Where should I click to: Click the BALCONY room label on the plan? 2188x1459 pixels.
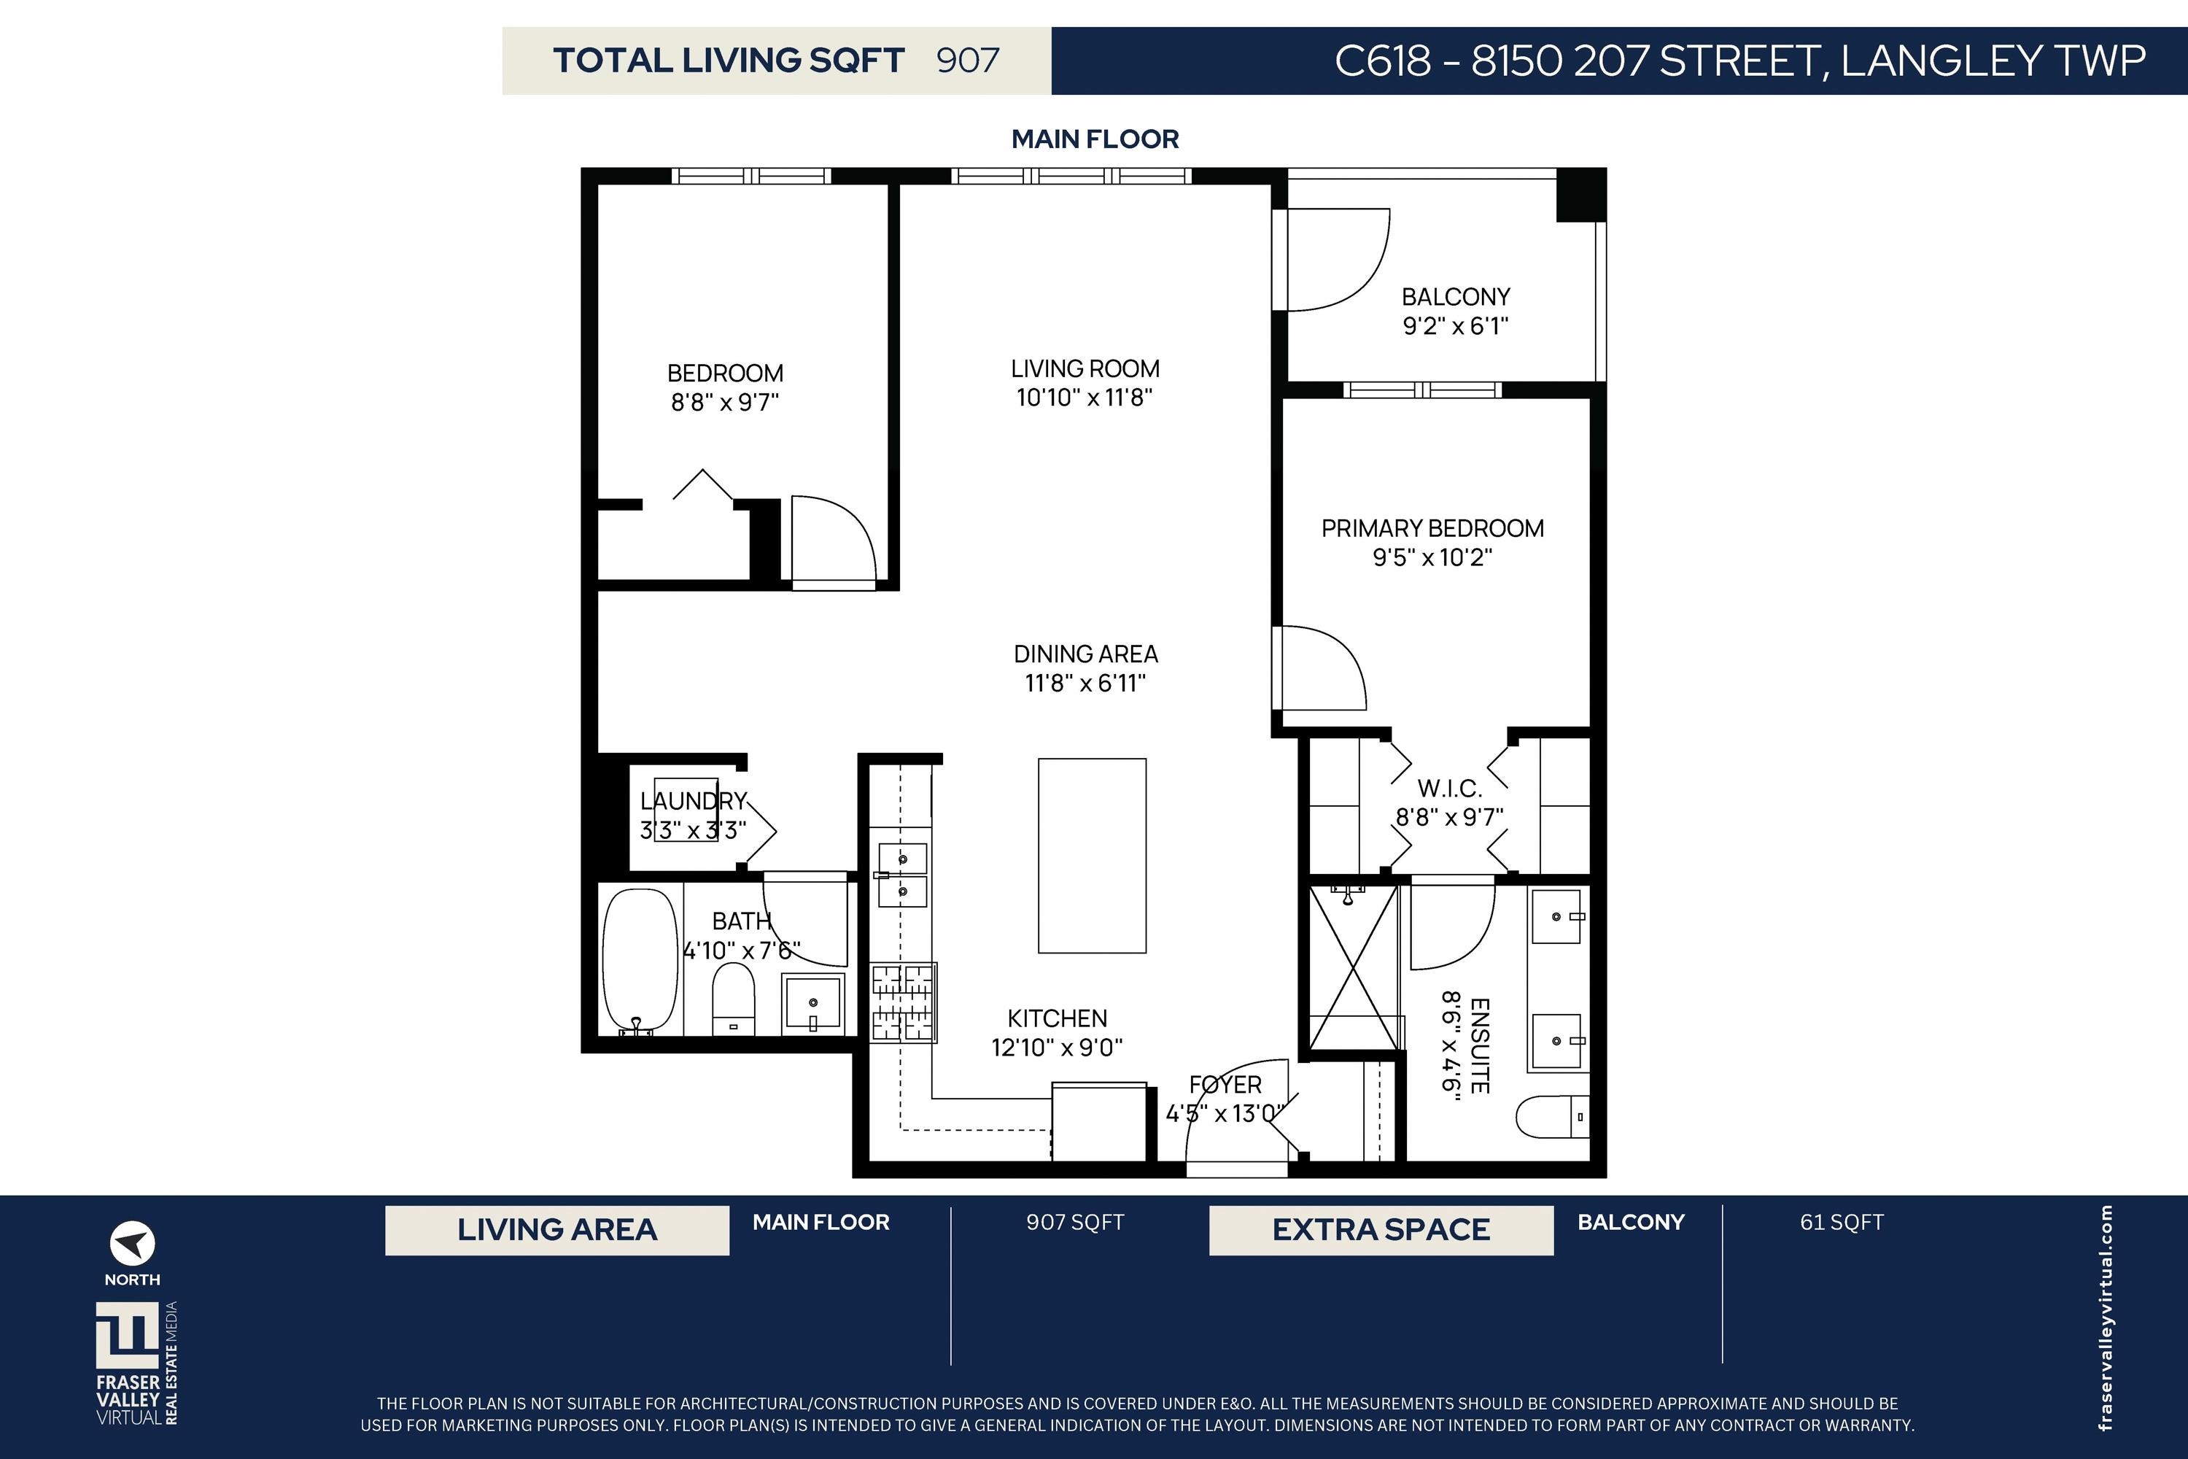click(1456, 297)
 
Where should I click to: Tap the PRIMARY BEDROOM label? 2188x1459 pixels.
click(1432, 528)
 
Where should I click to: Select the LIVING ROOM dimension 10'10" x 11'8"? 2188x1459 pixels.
click(1085, 398)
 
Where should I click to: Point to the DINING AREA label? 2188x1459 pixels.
click(1086, 654)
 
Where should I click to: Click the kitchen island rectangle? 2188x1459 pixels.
click(1092, 855)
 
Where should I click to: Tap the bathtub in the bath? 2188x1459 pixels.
click(640, 960)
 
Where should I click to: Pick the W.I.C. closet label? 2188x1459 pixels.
click(1449, 789)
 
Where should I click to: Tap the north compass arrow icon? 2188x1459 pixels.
click(132, 1243)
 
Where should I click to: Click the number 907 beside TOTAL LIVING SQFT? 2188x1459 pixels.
click(968, 61)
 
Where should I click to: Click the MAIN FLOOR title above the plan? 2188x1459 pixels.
click(1095, 139)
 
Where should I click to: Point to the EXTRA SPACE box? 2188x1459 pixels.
click(1381, 1230)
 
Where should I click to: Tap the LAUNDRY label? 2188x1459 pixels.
click(693, 801)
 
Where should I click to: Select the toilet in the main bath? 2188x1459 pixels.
click(733, 999)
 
